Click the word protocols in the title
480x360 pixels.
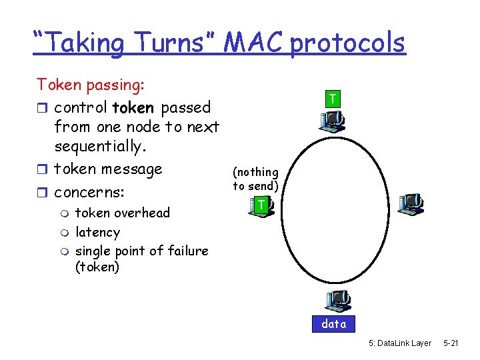347,43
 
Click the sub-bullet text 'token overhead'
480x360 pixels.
123,213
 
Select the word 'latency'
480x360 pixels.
97,232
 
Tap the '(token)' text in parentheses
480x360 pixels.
97,267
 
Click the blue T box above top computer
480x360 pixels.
331,99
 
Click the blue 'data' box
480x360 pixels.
334,324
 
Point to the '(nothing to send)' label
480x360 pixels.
255,179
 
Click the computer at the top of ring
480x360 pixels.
332,121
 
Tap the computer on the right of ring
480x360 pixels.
411,203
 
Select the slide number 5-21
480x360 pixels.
451,343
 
